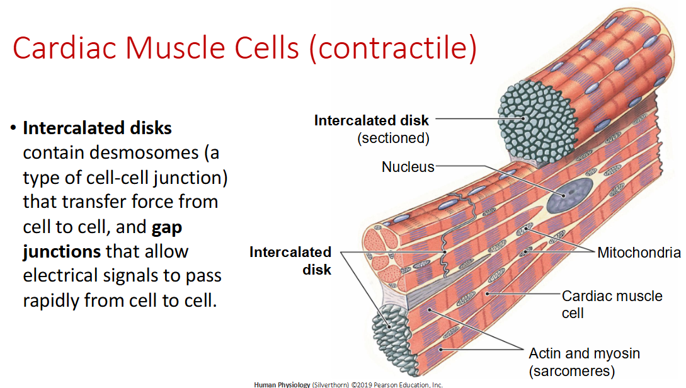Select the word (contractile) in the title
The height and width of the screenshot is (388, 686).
(392, 48)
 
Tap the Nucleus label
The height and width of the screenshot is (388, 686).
(408, 167)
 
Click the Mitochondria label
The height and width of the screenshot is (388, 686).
(638, 253)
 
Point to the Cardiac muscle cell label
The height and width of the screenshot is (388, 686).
(611, 304)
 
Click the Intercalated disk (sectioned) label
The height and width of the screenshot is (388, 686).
(372, 128)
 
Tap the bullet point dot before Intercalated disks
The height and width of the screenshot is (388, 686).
(11, 128)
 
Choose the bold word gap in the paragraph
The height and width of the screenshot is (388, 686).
(167, 227)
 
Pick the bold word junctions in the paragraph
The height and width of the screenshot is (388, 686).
(62, 251)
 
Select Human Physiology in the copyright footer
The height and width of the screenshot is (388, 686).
(282, 384)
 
